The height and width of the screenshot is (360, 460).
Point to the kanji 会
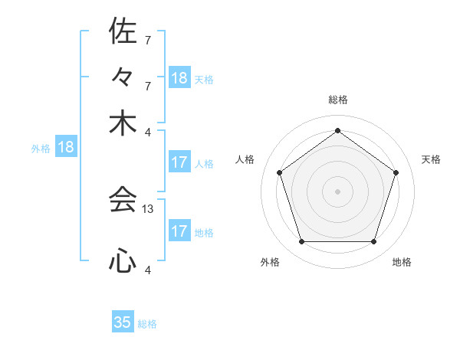(x=123, y=201)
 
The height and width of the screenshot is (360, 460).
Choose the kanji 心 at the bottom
(x=123, y=262)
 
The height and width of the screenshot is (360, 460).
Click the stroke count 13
(x=149, y=208)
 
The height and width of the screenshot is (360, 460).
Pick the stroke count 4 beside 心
(x=147, y=270)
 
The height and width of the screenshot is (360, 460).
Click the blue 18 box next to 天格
(x=179, y=78)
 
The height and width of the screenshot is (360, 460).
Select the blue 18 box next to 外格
(x=66, y=147)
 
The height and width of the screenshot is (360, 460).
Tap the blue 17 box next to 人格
(x=179, y=162)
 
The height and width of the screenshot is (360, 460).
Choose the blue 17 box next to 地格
(x=179, y=231)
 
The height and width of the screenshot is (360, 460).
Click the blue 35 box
(x=123, y=322)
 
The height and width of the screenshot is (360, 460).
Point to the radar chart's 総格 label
(x=337, y=100)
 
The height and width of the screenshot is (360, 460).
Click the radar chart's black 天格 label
(x=431, y=159)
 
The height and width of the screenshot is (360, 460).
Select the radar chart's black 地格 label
(x=402, y=263)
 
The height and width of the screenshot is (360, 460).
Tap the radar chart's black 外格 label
(x=270, y=263)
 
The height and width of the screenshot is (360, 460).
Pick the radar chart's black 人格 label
(x=245, y=159)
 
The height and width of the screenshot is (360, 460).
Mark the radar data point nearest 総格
(x=337, y=130)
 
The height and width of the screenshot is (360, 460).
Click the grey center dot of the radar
(x=337, y=191)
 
